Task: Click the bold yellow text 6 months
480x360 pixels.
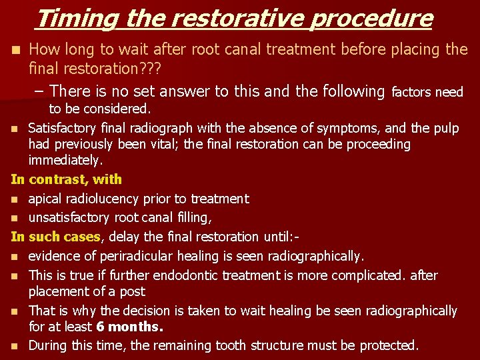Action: point(129,327)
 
